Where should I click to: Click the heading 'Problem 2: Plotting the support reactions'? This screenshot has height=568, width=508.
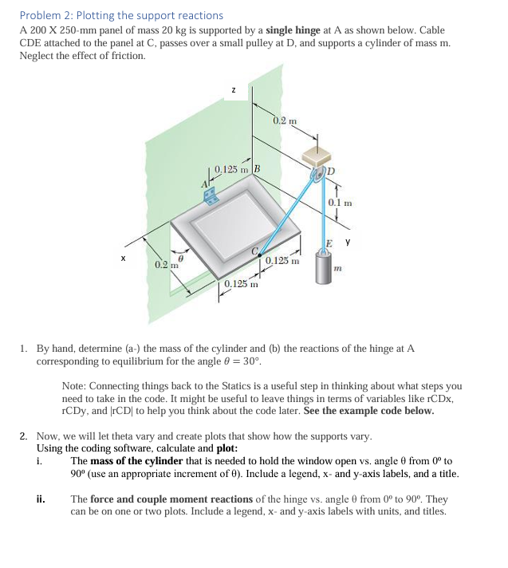[x=121, y=15]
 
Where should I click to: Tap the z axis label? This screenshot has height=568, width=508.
[x=232, y=90]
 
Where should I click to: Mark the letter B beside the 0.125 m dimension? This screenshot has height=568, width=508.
[x=257, y=169]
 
